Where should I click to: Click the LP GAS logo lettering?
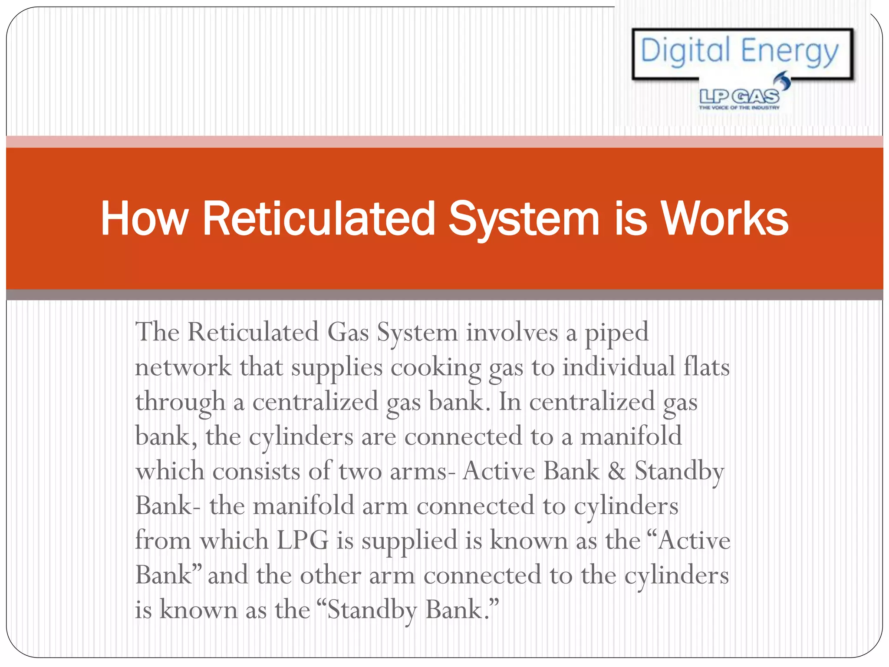pos(739,96)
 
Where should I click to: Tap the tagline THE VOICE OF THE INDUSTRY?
pos(739,107)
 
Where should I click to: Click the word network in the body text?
pos(183,367)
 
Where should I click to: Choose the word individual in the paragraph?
pos(618,367)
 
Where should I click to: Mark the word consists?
pos(256,471)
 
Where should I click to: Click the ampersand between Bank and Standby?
pos(616,471)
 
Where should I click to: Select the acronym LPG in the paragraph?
pos(302,541)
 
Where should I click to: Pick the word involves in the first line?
pos(512,333)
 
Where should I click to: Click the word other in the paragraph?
pos(330,575)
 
